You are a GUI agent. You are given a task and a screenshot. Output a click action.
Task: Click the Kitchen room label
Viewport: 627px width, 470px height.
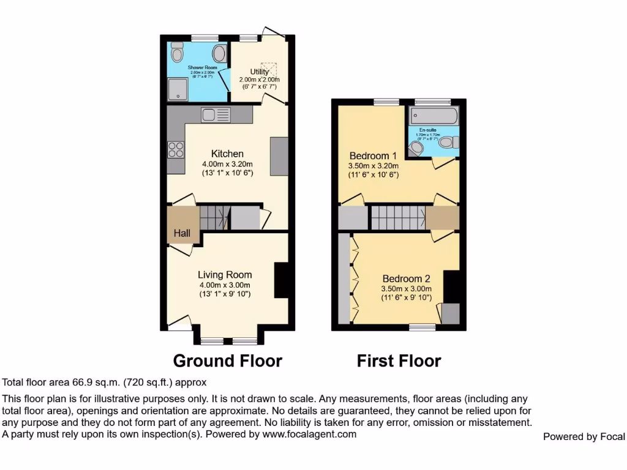(227, 154)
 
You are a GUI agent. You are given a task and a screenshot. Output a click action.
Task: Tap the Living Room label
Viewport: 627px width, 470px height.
(225, 275)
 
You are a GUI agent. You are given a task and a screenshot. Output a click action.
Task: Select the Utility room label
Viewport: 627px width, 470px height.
(259, 72)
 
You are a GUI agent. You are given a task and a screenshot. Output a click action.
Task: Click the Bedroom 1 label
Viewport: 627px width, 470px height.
(374, 155)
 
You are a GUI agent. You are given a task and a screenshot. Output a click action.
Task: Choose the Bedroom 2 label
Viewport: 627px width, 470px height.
(407, 279)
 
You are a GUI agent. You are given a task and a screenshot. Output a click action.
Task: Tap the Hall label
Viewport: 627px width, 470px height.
(182, 233)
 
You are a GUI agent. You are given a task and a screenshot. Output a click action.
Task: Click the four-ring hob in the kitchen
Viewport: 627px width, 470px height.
(176, 149)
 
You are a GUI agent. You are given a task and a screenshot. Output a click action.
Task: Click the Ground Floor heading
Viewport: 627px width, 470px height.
(228, 361)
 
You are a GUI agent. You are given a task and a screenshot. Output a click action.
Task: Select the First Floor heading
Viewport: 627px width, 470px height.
(399, 361)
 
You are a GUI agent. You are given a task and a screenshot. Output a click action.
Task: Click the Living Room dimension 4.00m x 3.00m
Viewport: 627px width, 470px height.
(225, 285)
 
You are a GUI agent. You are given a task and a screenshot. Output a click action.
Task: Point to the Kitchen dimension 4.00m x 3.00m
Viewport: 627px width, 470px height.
(227, 164)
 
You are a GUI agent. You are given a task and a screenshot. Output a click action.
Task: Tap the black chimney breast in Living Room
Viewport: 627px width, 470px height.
(281, 280)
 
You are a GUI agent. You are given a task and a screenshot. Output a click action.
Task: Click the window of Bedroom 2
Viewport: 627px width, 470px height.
(422, 327)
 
